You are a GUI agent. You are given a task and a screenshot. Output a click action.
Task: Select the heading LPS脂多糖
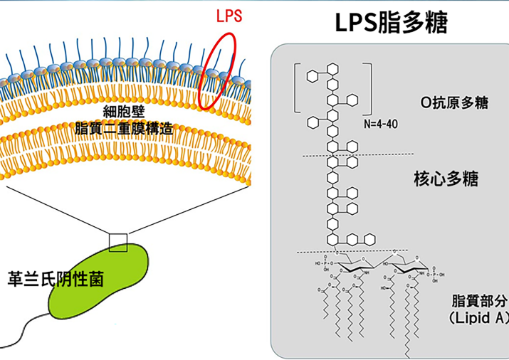click(392, 23)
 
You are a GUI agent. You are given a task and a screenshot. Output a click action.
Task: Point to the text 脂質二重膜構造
click(125, 129)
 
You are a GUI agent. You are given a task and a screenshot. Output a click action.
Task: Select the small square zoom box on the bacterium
click(118, 243)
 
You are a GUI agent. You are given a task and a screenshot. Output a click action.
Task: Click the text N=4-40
click(380, 123)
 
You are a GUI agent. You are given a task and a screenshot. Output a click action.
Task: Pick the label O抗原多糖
click(454, 103)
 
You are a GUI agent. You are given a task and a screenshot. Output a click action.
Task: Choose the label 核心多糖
click(446, 179)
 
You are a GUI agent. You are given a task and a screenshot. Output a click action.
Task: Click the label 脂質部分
click(478, 300)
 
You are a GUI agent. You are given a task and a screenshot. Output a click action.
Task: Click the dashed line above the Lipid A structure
click(352, 250)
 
